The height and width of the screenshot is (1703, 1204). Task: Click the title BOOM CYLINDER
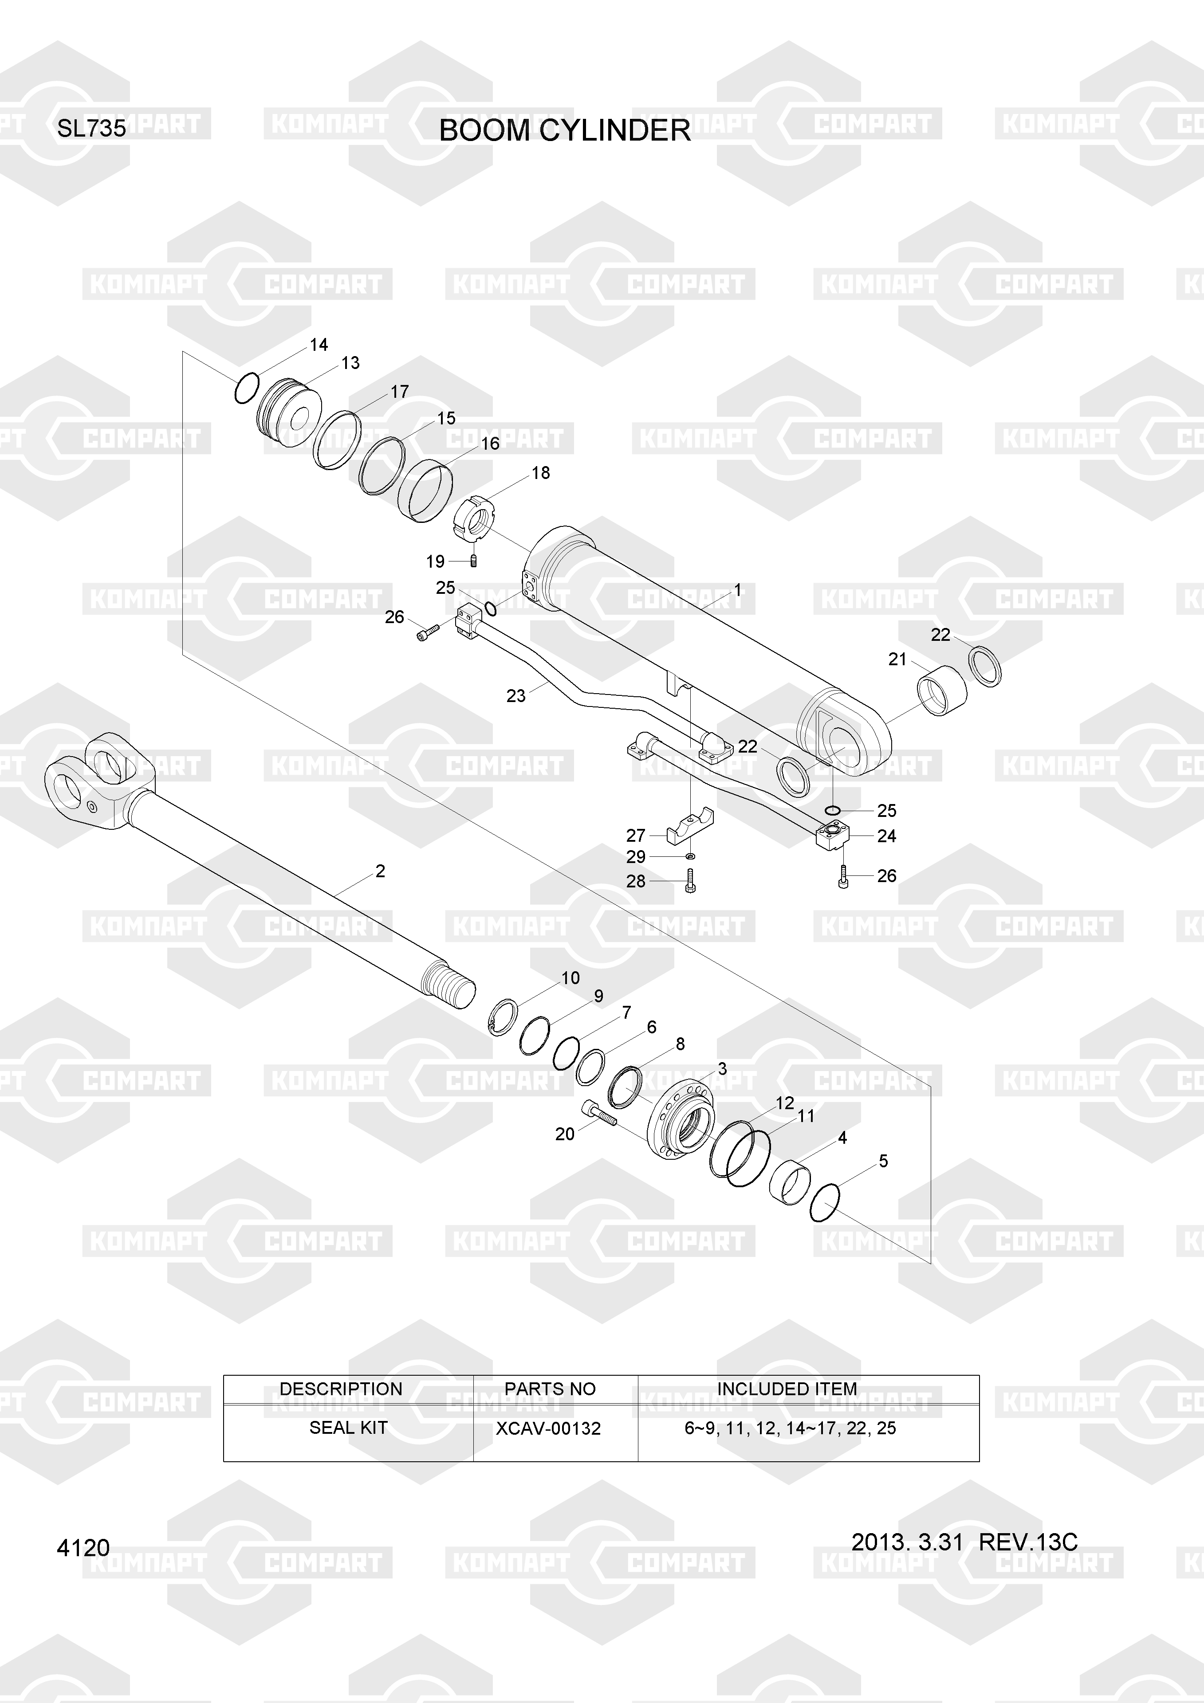click(x=565, y=130)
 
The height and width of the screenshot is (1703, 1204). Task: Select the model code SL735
click(x=92, y=129)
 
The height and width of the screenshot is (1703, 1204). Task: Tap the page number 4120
click(x=83, y=1548)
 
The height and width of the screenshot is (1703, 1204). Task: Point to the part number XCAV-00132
click(x=548, y=1428)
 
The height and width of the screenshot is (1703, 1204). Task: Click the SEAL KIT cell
click(x=348, y=1428)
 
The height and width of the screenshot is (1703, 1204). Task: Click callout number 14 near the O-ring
click(x=319, y=345)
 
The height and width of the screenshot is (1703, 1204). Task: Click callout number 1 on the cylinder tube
click(x=737, y=590)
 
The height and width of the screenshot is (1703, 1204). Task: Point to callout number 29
click(x=636, y=857)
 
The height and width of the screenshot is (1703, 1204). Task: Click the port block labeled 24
click(x=832, y=835)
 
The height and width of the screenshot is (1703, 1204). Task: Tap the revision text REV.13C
click(x=1028, y=1542)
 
